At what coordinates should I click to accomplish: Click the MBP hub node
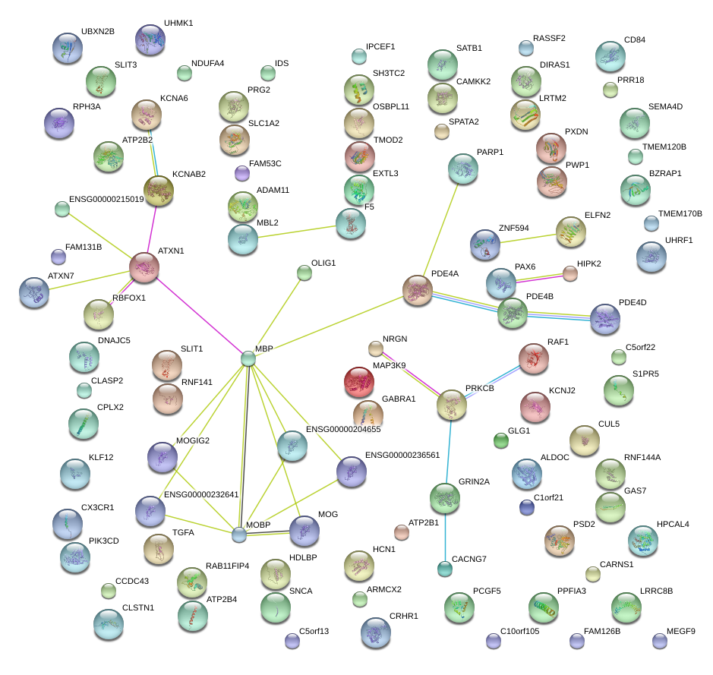tap(248, 358)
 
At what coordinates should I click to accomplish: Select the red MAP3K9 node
tap(359, 382)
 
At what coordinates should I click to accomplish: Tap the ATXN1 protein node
tap(144, 268)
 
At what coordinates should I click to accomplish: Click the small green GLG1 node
tap(501, 440)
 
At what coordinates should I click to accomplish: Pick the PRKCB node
tap(452, 405)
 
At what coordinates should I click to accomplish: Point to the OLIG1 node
tap(304, 273)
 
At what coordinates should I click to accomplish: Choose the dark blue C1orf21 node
tap(527, 507)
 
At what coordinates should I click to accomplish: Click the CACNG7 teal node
tap(445, 569)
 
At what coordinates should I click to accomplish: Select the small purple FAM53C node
tap(242, 173)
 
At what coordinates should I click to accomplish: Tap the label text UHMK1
tap(178, 24)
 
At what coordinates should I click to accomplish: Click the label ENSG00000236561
tap(402, 455)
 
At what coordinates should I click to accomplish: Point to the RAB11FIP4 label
tap(227, 566)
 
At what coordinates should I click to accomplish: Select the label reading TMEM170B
tap(680, 213)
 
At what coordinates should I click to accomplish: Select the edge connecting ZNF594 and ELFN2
tap(528, 238)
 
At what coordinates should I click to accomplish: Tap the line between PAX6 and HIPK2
tap(540, 279)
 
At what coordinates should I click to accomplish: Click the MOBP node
tap(239, 535)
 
